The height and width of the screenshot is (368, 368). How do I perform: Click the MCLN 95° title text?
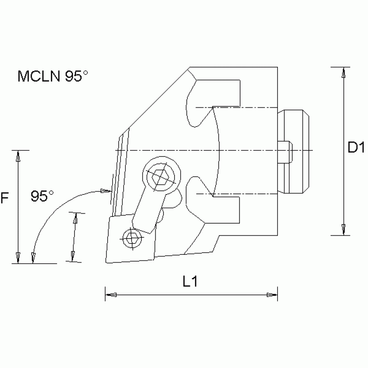point(53,77)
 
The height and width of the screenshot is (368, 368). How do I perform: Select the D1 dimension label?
point(356,149)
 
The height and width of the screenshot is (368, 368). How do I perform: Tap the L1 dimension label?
point(190,283)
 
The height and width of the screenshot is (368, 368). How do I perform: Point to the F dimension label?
point(5,197)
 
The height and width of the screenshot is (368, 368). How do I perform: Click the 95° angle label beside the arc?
point(43,196)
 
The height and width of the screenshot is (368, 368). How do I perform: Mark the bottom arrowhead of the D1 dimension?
point(343,230)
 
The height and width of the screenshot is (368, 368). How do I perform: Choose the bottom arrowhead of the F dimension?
point(18,257)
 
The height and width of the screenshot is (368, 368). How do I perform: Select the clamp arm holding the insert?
point(146,206)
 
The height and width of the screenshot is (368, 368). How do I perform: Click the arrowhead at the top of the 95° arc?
point(106,191)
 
